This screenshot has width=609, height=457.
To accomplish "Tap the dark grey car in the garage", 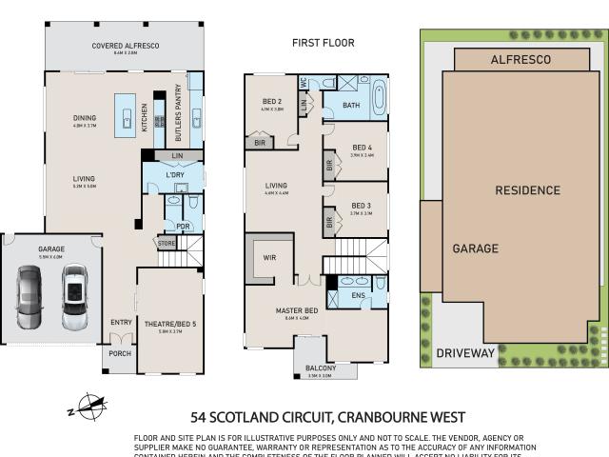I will tap(29, 296).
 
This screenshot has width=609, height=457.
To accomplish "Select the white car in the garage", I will tap(73, 296).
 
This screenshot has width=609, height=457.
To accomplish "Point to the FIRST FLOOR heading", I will tap(323, 43).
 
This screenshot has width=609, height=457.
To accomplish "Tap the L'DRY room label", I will tap(175, 174).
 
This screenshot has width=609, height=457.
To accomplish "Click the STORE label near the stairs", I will tap(167, 244).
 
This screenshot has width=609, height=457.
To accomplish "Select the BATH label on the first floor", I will tap(351, 106).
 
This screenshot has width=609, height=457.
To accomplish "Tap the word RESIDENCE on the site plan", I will tap(527, 190).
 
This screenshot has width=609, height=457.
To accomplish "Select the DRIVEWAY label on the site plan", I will tap(465, 352).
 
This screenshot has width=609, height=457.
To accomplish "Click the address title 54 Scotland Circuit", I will tap(327, 417).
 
